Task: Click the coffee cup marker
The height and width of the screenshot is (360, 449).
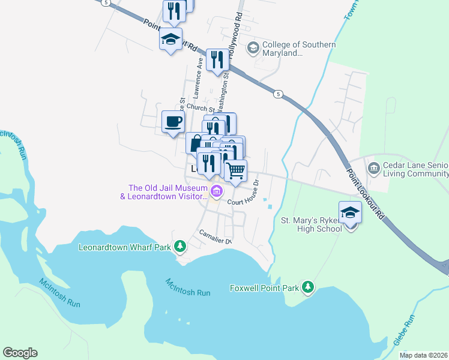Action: (173, 122)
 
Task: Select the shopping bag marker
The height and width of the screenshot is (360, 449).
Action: (195, 143)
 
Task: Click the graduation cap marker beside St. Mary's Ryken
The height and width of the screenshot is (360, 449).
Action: (350, 213)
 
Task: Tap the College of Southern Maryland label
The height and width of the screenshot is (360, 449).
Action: (292, 49)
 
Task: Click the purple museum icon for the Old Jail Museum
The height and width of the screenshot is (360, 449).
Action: (217, 193)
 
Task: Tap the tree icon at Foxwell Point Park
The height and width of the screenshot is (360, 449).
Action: (308, 287)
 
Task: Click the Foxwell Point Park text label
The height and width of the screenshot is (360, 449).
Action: (264, 288)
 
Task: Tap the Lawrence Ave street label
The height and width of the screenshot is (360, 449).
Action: (196, 78)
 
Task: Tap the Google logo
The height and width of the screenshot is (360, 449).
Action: (20, 353)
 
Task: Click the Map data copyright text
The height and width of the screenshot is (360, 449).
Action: (424, 355)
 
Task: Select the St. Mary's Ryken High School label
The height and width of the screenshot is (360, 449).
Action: (312, 224)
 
